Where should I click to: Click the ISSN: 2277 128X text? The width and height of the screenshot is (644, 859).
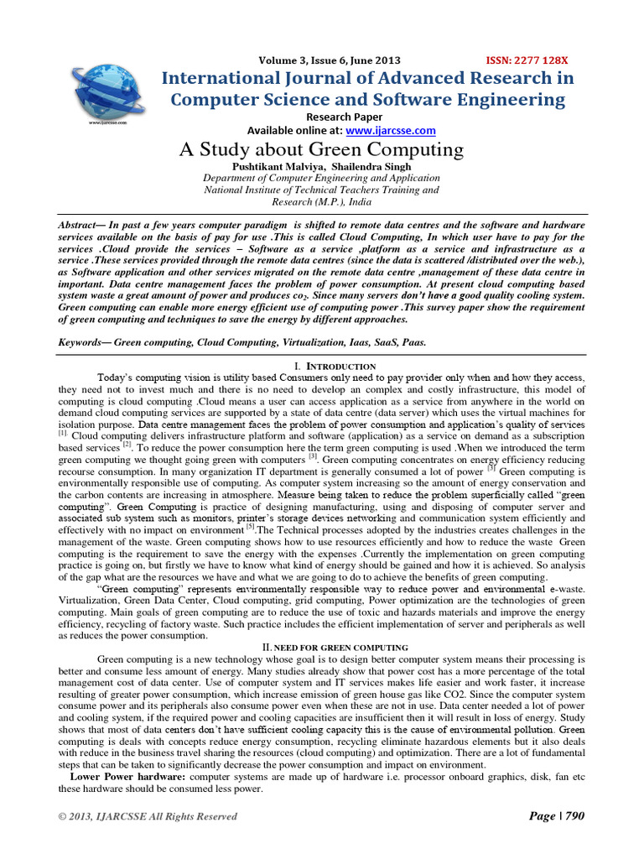[527, 60]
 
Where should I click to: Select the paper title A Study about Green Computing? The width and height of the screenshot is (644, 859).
[321, 150]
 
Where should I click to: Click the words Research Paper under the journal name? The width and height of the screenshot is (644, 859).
[344, 117]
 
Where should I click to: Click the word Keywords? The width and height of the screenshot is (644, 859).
[82, 343]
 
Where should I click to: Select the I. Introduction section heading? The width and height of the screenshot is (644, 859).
[323, 367]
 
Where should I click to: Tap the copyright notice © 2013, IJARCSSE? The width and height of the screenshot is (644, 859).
[148, 816]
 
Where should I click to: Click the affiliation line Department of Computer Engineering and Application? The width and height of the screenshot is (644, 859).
[321, 179]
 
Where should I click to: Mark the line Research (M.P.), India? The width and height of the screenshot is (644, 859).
[321, 202]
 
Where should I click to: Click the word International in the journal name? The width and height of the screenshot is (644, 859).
[225, 78]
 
